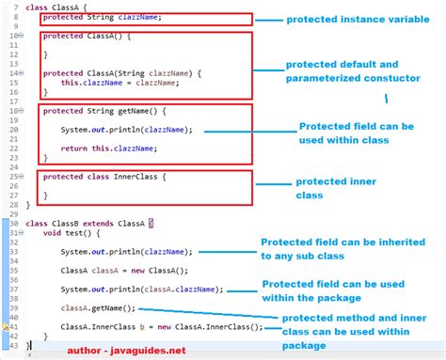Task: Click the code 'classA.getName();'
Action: coord(98,308)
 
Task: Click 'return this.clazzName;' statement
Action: coord(102,149)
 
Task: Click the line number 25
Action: coord(14,177)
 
